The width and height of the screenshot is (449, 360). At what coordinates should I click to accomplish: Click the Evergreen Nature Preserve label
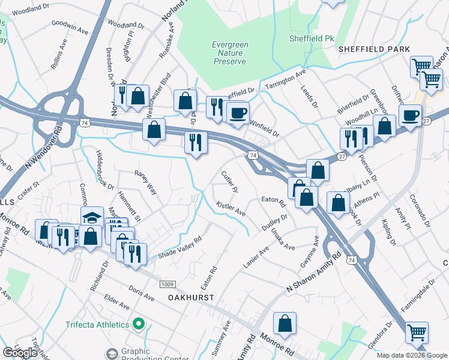[x=229, y=53]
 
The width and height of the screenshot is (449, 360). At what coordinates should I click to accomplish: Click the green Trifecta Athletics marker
[x=139, y=325]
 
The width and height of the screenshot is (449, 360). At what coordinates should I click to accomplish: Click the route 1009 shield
[x=168, y=283]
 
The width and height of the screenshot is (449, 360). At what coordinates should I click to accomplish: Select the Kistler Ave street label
[x=231, y=209]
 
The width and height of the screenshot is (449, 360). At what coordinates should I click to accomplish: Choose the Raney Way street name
[x=145, y=182]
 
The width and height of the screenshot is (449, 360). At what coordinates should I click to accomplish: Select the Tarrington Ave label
[x=286, y=79]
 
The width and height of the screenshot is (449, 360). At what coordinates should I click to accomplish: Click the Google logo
[x=20, y=353]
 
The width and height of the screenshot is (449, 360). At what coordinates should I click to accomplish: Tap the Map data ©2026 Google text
[x=412, y=355]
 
